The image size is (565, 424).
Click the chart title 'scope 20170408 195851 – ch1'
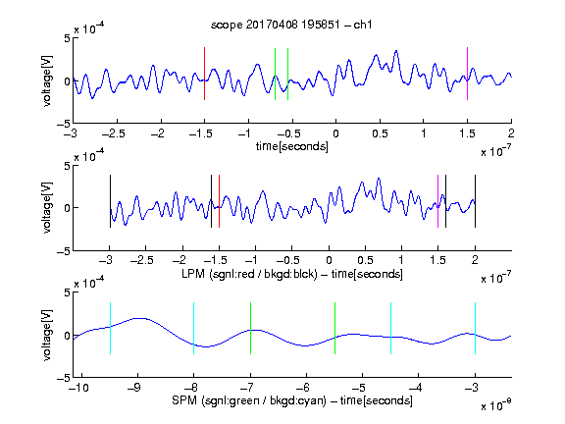291,25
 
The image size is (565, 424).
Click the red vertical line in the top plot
205,74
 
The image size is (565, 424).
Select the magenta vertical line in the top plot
467,74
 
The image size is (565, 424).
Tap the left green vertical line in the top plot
275,74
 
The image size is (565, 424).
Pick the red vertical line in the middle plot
219,201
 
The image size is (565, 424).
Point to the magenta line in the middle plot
437,201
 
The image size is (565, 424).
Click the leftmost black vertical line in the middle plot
110,201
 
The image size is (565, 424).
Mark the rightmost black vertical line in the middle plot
475,201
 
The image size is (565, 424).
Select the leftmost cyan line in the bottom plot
110,328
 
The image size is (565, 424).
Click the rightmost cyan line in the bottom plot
475,328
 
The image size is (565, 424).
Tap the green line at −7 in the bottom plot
250,328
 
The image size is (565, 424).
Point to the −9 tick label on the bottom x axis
134,388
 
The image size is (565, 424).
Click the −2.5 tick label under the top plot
114,133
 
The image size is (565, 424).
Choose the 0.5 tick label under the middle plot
365,260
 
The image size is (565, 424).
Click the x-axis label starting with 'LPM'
292,274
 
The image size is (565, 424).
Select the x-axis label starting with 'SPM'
292,400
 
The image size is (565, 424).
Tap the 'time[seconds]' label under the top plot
292,146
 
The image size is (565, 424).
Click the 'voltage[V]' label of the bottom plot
47,335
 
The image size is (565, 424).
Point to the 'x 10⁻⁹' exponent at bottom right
496,405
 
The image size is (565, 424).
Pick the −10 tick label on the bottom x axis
78,388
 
